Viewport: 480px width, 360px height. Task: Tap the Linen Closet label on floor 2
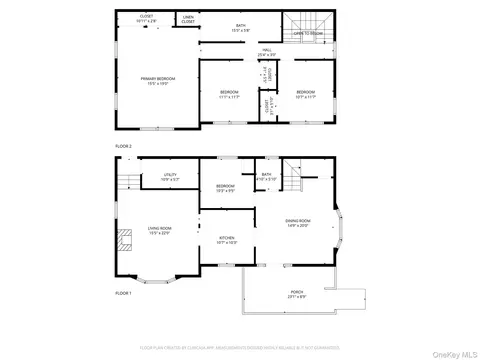coord(188,19)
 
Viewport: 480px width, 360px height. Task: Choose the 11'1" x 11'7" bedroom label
coord(230,94)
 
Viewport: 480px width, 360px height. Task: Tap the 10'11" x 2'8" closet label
coord(146,19)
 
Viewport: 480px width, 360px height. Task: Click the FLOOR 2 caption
coord(123,146)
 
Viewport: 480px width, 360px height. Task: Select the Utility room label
coord(170,177)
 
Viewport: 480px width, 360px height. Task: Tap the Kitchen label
coord(227,240)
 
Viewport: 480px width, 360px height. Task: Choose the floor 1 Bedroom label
coord(225,188)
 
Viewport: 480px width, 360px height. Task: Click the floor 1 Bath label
coord(266,177)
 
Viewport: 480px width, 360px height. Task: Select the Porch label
coord(297,294)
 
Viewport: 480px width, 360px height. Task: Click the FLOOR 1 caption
coord(123,293)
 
